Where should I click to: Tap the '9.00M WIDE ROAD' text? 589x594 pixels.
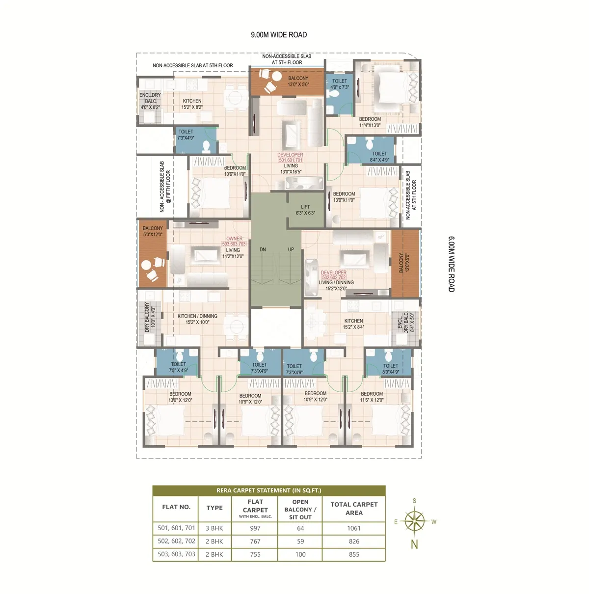279,35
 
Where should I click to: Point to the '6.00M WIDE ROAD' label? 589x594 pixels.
451,264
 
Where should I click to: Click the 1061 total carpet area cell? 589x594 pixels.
353,528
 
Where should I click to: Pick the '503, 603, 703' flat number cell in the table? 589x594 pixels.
176,554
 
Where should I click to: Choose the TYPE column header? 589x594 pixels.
214,508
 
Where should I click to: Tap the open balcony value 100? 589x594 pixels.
300,554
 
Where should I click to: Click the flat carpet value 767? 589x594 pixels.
255,541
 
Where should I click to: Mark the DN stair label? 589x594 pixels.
263,249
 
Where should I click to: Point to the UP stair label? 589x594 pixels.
291,249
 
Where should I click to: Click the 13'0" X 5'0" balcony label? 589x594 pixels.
298,84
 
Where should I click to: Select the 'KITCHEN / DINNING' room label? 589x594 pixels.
197,316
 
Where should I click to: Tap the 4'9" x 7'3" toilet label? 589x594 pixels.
340,87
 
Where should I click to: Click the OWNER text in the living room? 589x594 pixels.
234,238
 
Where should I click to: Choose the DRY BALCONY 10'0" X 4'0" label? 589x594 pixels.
150,317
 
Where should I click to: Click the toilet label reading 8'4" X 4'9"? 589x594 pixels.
379,160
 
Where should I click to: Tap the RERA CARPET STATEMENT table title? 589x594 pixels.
269,490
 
